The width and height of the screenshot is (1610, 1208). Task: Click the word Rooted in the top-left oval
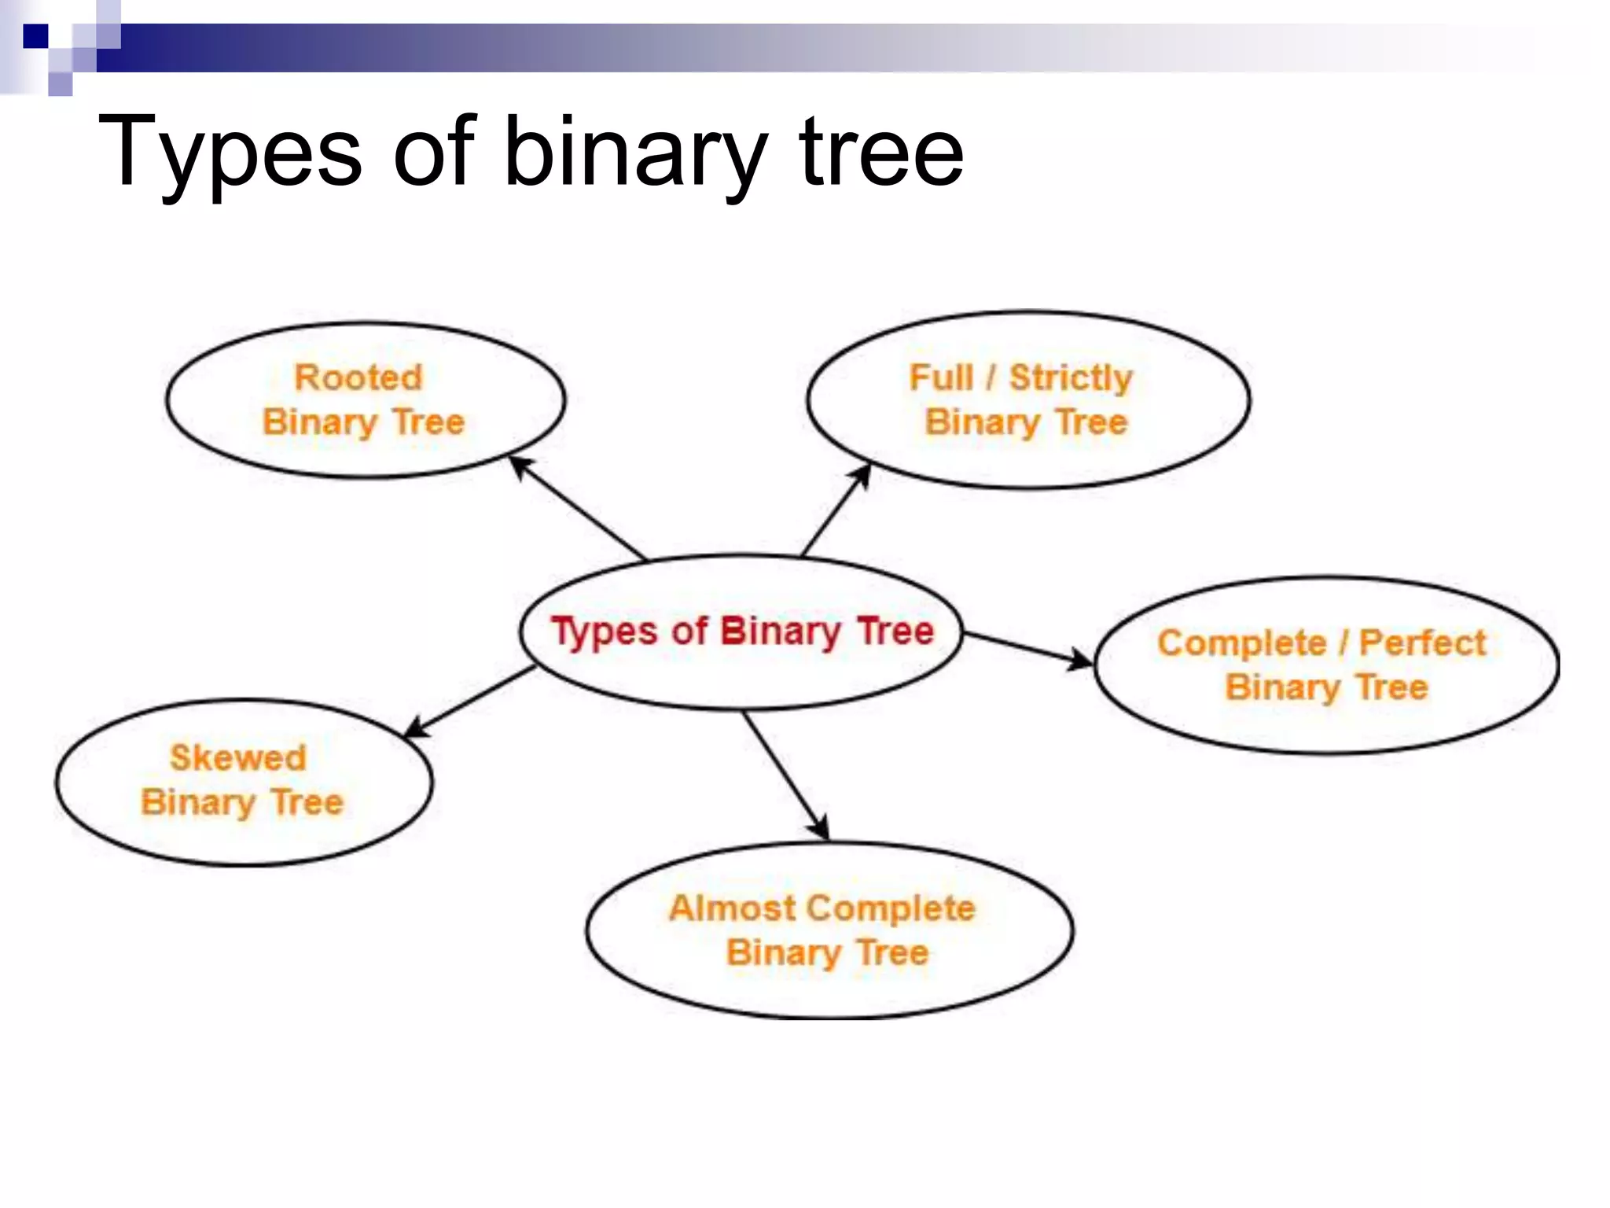358,377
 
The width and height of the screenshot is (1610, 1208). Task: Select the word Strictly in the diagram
1071,377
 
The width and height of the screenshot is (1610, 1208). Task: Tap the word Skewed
238,758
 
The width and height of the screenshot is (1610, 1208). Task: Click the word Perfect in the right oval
1423,643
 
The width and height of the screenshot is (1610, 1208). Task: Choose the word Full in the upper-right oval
940,377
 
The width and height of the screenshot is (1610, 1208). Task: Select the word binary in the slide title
635,151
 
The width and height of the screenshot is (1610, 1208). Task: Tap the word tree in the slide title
880,151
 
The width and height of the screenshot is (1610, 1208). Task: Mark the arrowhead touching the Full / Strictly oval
862,474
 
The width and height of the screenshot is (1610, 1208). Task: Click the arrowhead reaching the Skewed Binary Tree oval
415,729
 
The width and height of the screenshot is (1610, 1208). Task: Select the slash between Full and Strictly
991,377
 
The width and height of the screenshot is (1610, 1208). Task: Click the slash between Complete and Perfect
1344,643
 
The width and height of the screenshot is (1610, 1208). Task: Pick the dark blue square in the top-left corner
35,36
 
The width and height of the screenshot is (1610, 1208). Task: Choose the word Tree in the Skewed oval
307,803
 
